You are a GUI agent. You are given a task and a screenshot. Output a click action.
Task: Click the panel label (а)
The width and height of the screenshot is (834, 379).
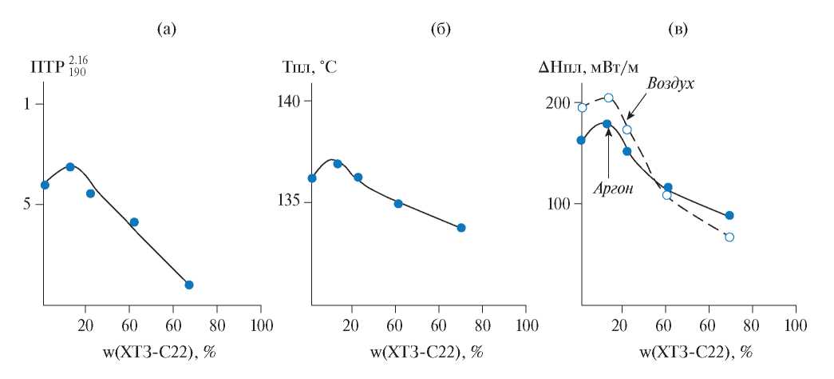pyautogui.click(x=166, y=30)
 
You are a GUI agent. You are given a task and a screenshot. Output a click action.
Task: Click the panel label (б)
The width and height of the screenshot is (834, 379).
pyautogui.click(x=441, y=30)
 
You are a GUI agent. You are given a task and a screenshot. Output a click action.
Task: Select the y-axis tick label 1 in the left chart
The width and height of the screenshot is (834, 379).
pyautogui.click(x=26, y=104)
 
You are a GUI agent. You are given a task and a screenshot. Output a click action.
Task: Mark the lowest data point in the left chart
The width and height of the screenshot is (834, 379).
pyautogui.click(x=189, y=285)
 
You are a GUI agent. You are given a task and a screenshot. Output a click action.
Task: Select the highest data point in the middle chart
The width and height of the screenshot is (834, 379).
pyautogui.click(x=338, y=164)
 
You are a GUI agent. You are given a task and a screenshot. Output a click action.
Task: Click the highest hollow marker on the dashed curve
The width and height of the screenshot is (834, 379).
pyautogui.click(x=608, y=98)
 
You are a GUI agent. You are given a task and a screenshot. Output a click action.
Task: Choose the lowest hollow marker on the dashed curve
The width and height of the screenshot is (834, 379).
pyautogui.click(x=729, y=237)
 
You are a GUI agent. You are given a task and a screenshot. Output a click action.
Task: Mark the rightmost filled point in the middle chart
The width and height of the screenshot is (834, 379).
pyautogui.click(x=461, y=228)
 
